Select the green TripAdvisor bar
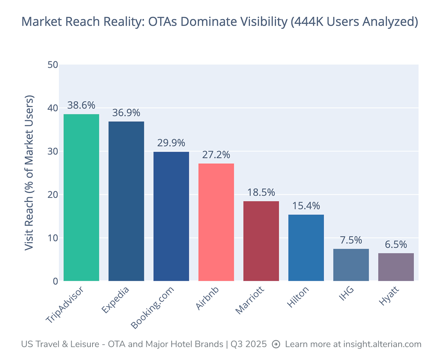coord(81,197)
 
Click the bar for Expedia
coord(126,201)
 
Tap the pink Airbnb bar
coord(216,222)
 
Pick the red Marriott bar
coord(261,241)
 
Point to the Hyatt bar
coord(396,267)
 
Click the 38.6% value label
coord(81,105)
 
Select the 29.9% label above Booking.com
coord(171,143)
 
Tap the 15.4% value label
coord(306,206)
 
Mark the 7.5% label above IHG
coord(351,240)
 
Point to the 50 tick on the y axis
coord(53,65)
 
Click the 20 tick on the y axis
coord(53,195)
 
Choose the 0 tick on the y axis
coord(55,281)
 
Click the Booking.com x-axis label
coord(153,307)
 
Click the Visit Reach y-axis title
coord(29,173)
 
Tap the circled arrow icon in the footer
coord(276,344)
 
